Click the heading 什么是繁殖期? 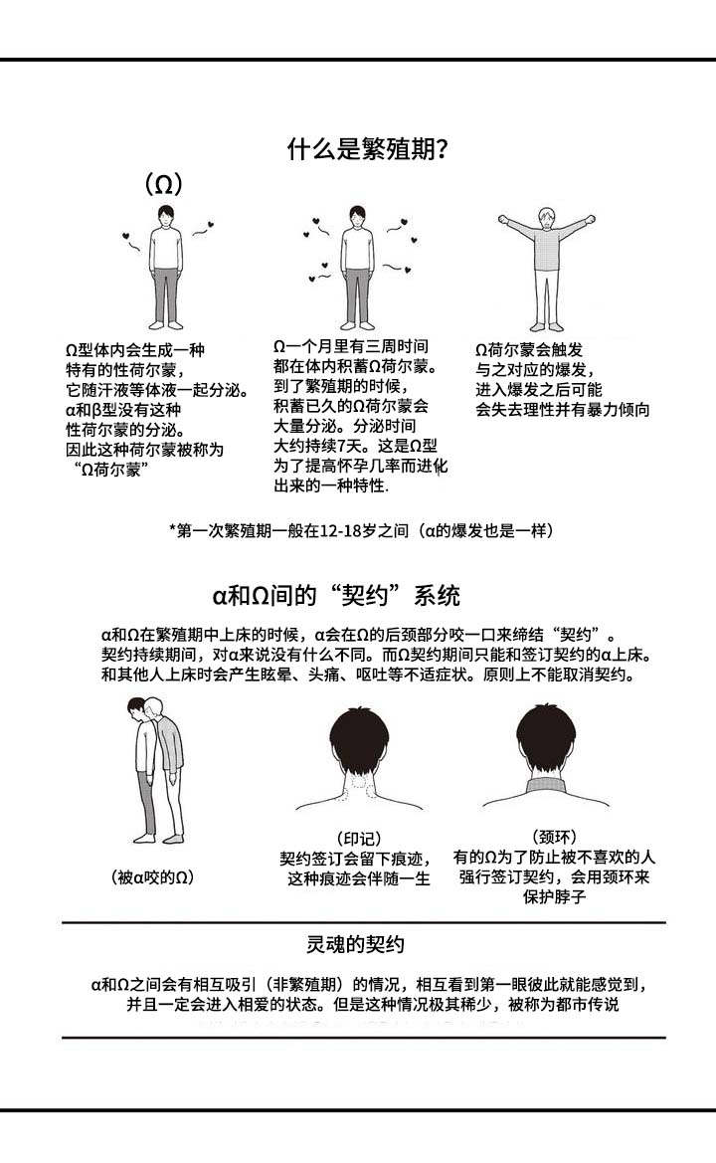pos(367,150)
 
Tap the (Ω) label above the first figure pos(163,184)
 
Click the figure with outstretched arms pos(546,269)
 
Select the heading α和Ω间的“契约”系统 pos(336,596)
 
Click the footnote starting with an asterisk pos(361,530)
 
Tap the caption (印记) pos(358,839)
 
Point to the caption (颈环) pos(555,837)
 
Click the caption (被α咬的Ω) pos(152,877)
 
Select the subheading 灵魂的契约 pos(355,944)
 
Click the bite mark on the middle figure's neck pos(359,783)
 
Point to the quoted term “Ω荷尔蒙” pos(112,470)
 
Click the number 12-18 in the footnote pos(330,530)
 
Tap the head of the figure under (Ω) pos(164,217)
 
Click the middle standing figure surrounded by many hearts pos(357,267)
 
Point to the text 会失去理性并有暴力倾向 pos(563,410)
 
